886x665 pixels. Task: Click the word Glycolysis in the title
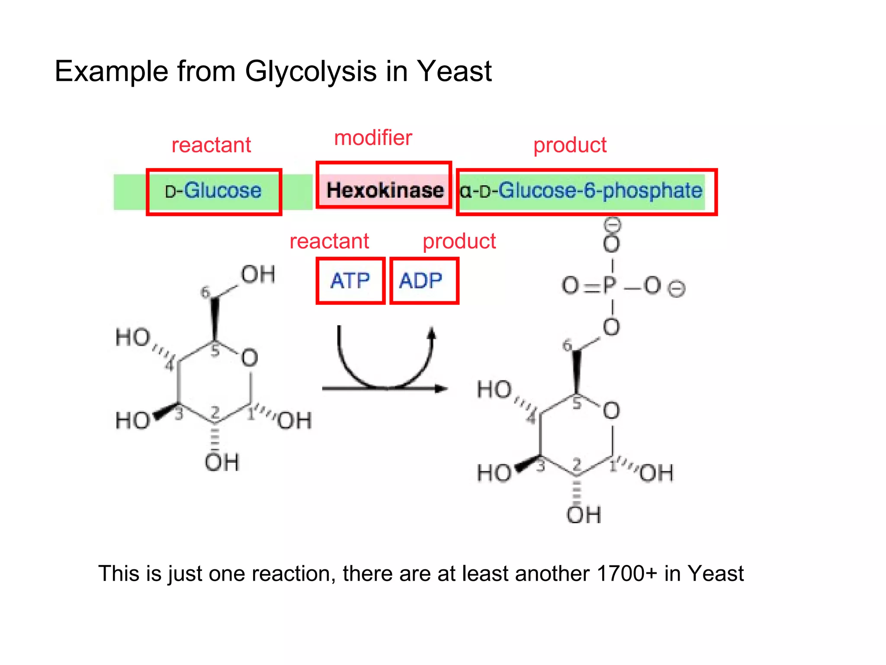[310, 72]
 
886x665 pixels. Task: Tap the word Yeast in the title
[454, 71]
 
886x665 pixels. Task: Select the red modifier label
[373, 138]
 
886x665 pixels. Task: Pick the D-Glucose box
[214, 191]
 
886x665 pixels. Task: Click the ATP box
[350, 281]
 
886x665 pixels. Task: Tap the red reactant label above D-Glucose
[211, 145]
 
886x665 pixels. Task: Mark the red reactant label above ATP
[329, 241]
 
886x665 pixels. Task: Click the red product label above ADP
[459, 241]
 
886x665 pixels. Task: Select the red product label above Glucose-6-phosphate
[570, 145]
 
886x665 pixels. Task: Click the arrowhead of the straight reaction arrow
[441, 388]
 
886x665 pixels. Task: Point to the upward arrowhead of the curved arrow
[431, 333]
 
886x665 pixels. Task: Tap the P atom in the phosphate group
[610, 285]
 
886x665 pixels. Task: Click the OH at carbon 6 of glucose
[258, 274]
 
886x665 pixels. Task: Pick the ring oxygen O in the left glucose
[250, 358]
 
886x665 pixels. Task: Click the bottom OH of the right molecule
[584, 514]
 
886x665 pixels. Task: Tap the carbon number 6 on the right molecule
[567, 345]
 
